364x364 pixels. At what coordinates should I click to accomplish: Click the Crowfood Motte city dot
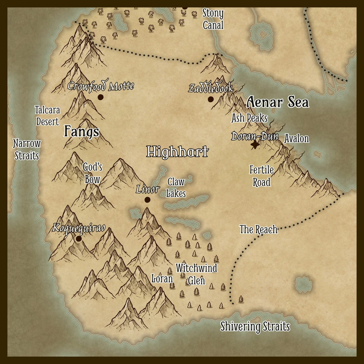click(x=100, y=97)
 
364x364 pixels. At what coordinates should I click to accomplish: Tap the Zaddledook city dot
click(x=211, y=99)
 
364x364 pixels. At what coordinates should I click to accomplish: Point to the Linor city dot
click(x=147, y=200)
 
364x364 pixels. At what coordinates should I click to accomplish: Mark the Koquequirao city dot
click(x=79, y=239)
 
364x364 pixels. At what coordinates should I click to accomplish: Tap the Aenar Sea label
click(x=278, y=103)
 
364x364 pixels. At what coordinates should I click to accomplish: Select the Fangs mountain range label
click(x=82, y=132)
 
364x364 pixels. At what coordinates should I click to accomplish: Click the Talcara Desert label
click(x=47, y=116)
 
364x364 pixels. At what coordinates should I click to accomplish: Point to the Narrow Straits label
click(x=27, y=149)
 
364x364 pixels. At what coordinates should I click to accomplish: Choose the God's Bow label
click(x=92, y=173)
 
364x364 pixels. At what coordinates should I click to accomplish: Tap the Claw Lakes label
click(x=176, y=187)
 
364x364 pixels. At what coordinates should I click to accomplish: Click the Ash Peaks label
click(x=249, y=118)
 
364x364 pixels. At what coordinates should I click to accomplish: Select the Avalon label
click(x=296, y=139)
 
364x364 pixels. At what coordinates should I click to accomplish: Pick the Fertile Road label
click(x=261, y=176)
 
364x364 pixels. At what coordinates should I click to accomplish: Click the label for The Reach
click(x=258, y=229)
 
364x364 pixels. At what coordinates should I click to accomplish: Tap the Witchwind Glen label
click(x=196, y=274)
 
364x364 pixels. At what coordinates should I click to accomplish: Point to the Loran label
click(x=162, y=278)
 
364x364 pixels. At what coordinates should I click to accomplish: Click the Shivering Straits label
click(x=255, y=327)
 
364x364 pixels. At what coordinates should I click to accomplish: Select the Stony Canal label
click(x=213, y=19)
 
